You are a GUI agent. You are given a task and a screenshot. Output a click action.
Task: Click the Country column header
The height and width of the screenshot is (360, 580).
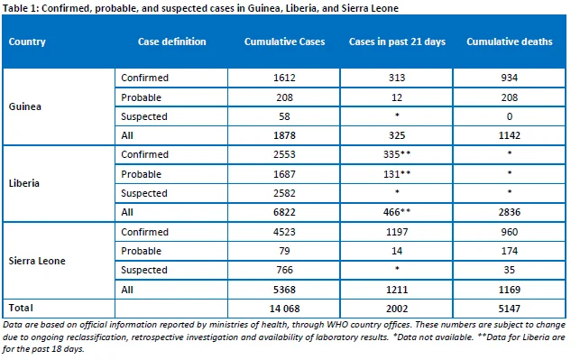27,42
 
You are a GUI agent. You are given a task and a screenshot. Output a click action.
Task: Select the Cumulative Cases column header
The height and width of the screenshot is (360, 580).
284,42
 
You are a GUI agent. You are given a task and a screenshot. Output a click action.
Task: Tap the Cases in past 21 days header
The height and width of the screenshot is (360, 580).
397,42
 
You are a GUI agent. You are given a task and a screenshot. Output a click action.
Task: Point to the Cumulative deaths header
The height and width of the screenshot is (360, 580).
510,42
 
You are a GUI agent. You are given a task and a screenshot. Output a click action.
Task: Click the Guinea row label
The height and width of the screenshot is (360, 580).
24,106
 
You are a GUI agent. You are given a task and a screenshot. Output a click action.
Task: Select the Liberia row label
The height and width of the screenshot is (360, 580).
24,183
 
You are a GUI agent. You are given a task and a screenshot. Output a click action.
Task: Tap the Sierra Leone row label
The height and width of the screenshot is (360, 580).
37,261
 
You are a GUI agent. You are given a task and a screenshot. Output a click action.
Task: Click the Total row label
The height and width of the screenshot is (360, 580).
21,308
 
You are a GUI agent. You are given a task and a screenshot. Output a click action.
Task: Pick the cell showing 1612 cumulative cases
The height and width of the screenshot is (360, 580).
284,78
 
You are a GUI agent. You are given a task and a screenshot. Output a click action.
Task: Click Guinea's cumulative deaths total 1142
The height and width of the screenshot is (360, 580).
510,135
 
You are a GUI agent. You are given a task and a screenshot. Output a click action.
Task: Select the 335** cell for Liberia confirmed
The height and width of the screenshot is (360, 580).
397,154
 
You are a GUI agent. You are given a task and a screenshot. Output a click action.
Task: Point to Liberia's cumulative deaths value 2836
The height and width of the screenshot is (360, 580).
510,212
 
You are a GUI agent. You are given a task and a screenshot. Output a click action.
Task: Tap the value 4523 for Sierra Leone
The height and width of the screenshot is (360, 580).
284,232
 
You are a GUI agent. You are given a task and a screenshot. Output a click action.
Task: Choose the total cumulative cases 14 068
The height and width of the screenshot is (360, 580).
284,309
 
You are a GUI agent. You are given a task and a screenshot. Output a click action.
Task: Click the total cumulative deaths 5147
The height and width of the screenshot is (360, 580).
510,309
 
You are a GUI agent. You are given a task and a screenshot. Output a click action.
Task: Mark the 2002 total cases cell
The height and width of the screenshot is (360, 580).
397,309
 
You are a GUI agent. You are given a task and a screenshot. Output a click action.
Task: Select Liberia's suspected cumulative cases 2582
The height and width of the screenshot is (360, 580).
284,193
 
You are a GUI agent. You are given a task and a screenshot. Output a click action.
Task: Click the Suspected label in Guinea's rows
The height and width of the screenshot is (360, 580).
144,117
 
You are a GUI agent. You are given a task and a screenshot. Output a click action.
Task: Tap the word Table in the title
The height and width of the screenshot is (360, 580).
15,8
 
